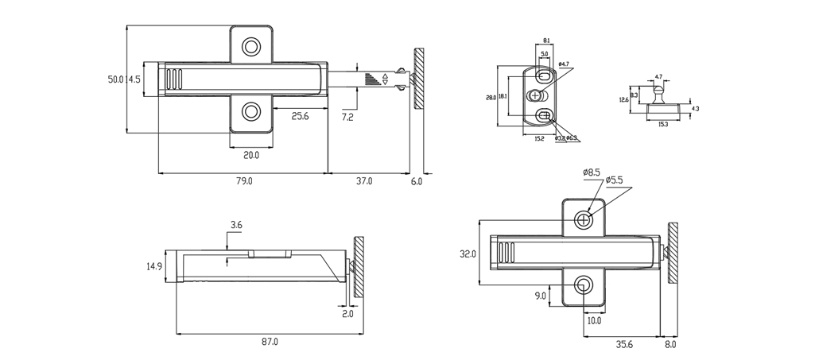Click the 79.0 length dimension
(244, 181)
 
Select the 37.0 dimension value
(363, 181)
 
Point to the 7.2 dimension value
(348, 117)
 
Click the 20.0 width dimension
(250, 154)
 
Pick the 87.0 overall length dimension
(270, 342)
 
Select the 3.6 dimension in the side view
(236, 226)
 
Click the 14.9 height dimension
(154, 267)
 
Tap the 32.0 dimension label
(468, 254)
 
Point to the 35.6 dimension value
(623, 344)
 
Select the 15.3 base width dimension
(662, 124)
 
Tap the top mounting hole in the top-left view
(251, 46)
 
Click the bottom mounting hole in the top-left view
(251, 111)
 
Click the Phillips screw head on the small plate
(534, 95)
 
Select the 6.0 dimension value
(417, 181)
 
